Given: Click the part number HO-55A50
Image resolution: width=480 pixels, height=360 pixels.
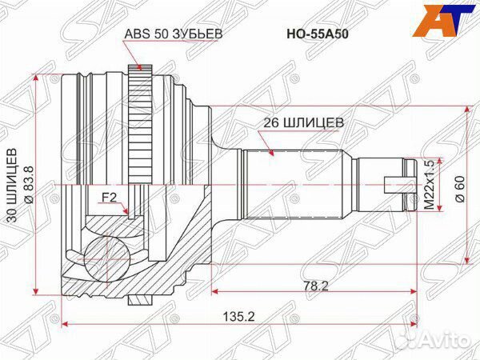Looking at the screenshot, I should pyautogui.click(x=310, y=34).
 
